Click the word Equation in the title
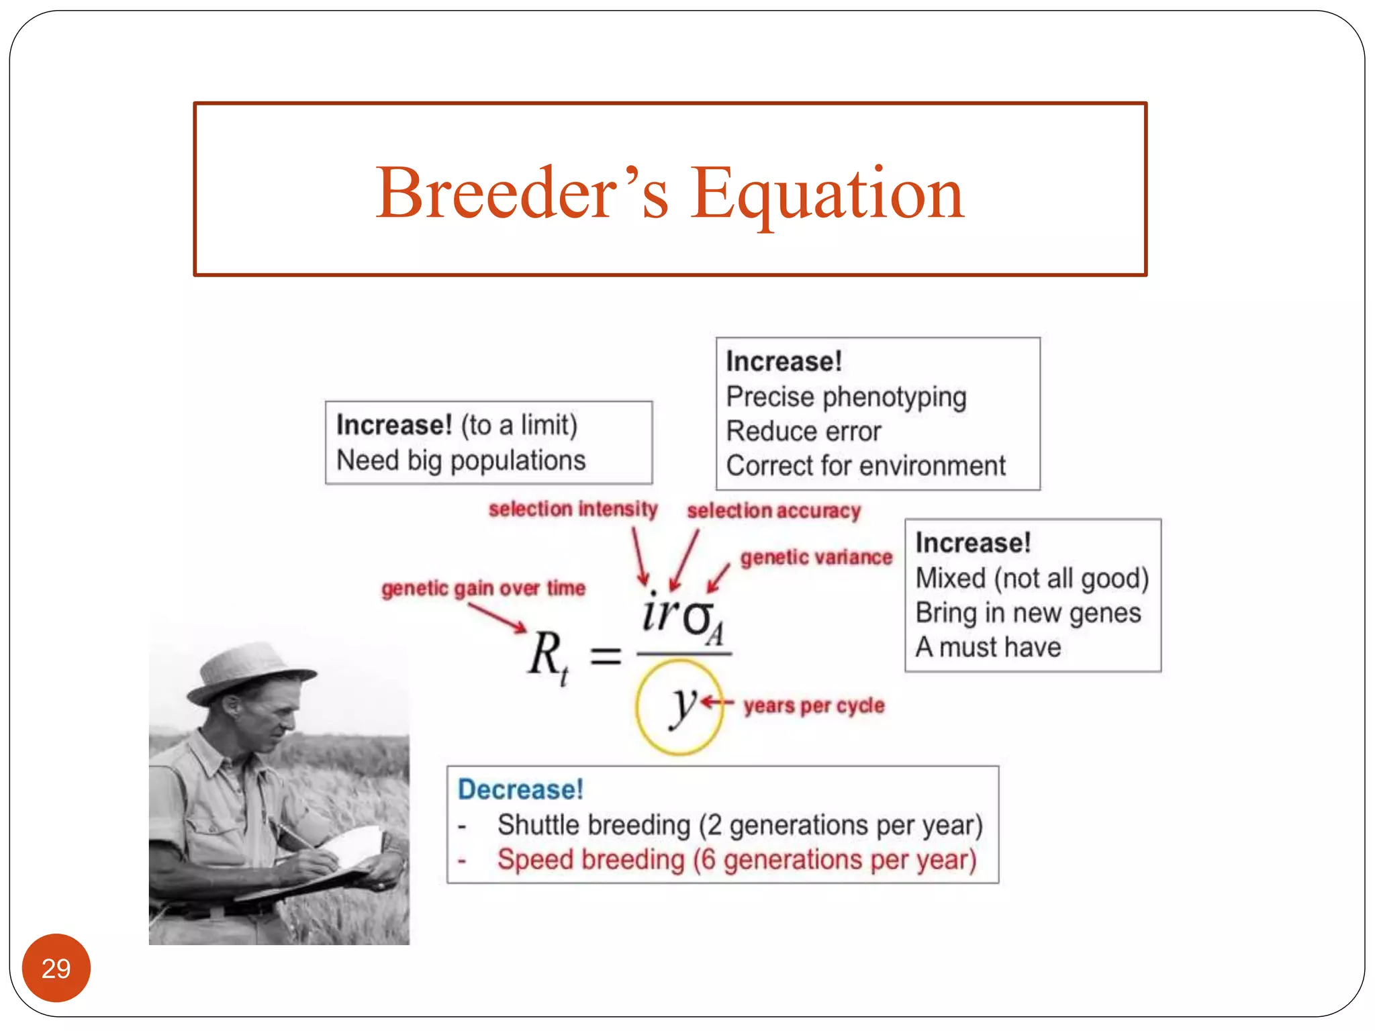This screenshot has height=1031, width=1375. click(827, 195)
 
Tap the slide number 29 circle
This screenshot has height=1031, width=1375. click(56, 968)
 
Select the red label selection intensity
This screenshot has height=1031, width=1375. click(573, 509)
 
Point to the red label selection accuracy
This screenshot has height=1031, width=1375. click(773, 511)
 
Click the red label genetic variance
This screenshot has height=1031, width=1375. click(816, 557)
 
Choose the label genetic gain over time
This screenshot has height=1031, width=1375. click(483, 588)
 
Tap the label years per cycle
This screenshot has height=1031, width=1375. click(814, 705)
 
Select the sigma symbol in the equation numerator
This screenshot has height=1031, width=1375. click(698, 618)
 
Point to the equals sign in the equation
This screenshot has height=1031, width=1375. click(606, 655)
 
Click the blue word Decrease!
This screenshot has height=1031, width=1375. click(520, 789)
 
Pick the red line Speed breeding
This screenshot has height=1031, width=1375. click(737, 860)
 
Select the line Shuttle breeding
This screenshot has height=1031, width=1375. click(739, 825)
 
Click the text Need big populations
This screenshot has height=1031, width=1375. click(461, 460)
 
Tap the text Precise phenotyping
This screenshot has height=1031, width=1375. click(846, 397)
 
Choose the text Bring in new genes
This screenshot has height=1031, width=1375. click(1028, 613)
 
